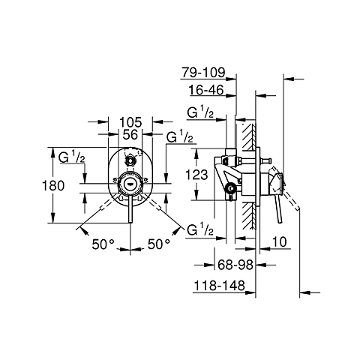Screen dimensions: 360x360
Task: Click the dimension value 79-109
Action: pyautogui.click(x=202, y=73)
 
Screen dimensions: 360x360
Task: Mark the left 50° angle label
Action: pyautogui.click(x=103, y=243)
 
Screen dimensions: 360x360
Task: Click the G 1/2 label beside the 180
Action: pyautogui.click(x=73, y=157)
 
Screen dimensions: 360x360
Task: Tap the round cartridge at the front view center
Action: pyautogui.click(x=131, y=184)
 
